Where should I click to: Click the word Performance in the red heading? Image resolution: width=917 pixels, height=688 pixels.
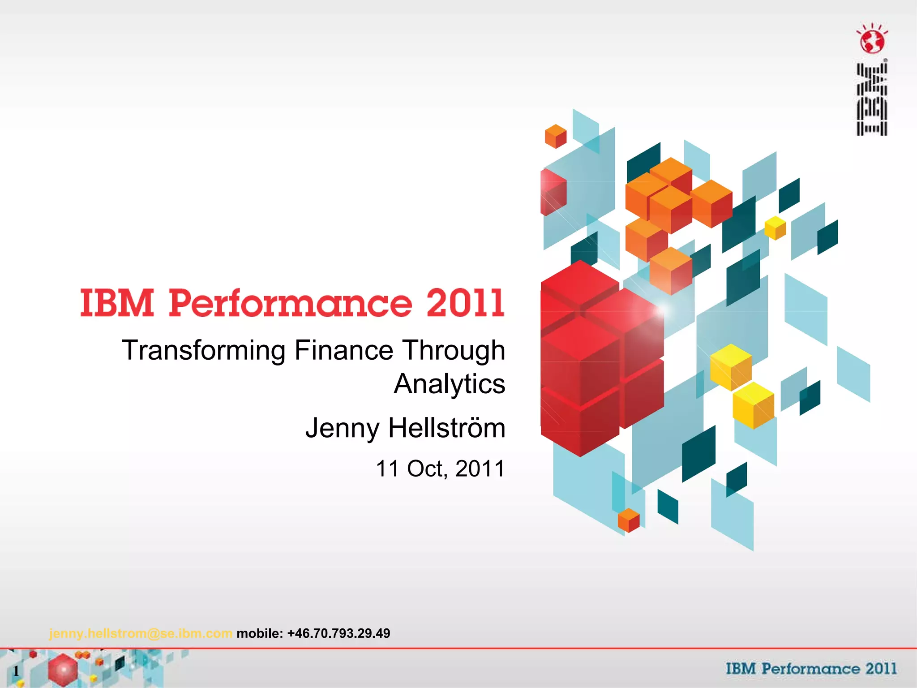click(290, 304)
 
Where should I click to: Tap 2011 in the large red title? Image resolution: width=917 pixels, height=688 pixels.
click(465, 304)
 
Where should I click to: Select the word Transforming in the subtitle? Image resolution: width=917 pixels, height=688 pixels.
click(203, 351)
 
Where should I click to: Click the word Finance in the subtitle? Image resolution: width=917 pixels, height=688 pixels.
click(343, 350)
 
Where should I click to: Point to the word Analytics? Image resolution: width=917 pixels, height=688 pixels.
click(450, 384)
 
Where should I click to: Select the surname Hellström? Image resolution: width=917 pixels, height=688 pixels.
click(446, 428)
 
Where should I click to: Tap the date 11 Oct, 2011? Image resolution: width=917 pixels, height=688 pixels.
click(440, 469)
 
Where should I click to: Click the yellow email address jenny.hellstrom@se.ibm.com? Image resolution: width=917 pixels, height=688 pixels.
click(141, 633)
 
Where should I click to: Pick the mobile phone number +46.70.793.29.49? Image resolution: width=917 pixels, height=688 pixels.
click(339, 633)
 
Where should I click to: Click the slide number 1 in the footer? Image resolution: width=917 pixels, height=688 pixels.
click(16, 671)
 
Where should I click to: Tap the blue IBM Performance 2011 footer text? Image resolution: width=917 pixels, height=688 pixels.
click(811, 669)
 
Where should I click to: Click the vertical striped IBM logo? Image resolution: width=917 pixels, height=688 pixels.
click(872, 99)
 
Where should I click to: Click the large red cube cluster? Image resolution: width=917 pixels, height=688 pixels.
click(596, 358)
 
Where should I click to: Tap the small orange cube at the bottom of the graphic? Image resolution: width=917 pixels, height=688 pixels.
click(628, 520)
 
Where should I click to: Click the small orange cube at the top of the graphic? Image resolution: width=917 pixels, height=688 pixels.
click(555, 136)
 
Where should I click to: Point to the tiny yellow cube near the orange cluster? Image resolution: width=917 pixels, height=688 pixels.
click(775, 228)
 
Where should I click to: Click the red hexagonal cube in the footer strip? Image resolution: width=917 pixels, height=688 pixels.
click(63, 670)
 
